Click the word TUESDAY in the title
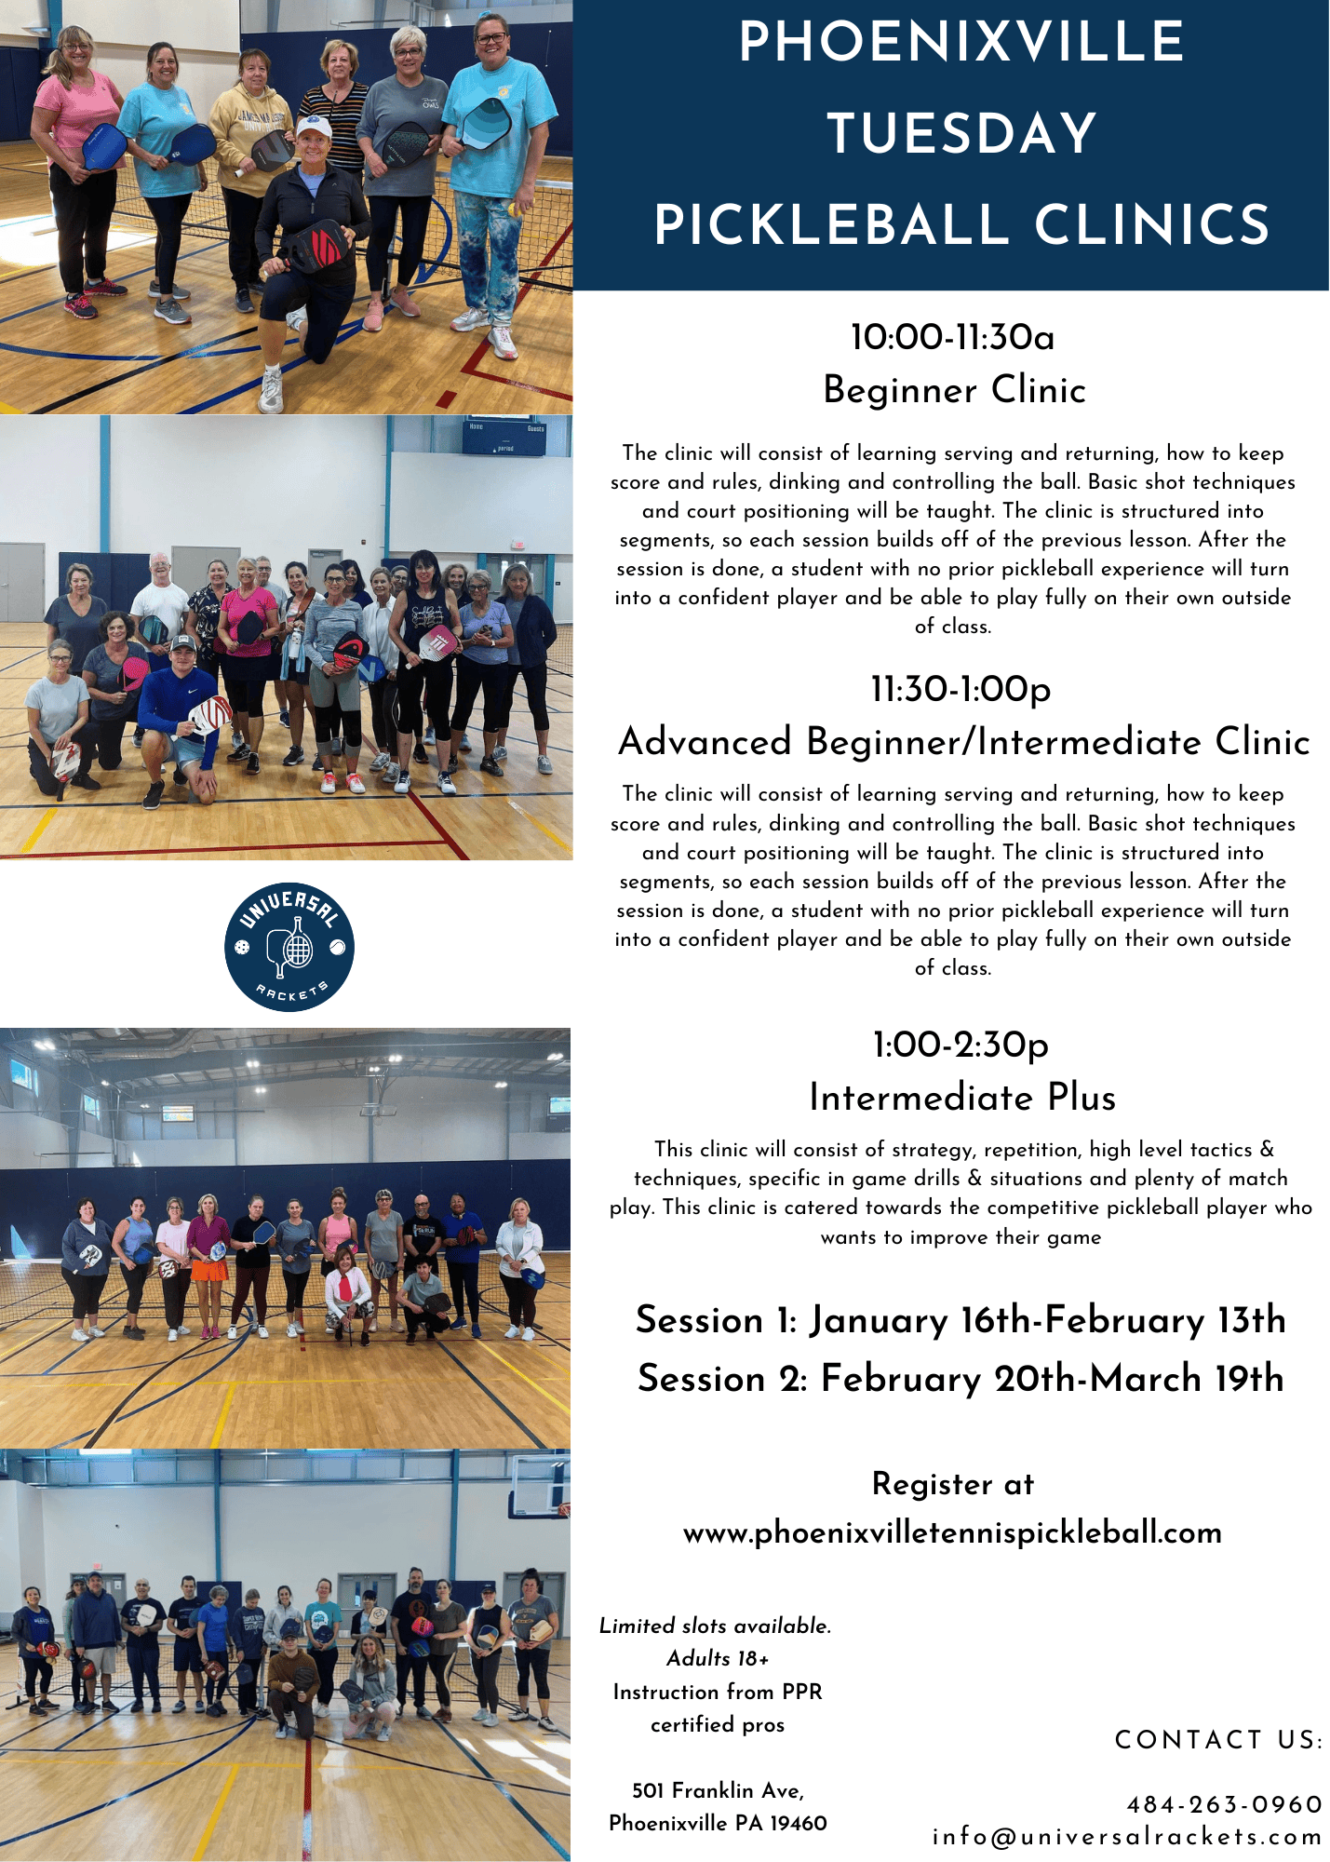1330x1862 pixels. click(x=962, y=133)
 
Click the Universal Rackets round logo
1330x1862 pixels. click(x=289, y=947)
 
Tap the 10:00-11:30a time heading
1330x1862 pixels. click(x=953, y=337)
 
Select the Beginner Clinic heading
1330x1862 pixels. click(x=955, y=389)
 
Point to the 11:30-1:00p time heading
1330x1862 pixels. click(x=961, y=690)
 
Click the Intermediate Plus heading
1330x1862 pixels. click(x=962, y=1098)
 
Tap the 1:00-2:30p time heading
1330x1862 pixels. click(x=961, y=1046)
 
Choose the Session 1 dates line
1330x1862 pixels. click(x=961, y=1320)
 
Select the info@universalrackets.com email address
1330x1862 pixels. click(x=1127, y=1837)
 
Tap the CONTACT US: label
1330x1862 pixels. click(x=1218, y=1740)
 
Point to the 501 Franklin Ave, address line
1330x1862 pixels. click(x=718, y=1790)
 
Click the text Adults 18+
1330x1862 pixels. click(x=718, y=1658)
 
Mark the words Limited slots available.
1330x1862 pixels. click(x=715, y=1626)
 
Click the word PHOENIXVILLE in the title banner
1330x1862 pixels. click(x=961, y=42)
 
